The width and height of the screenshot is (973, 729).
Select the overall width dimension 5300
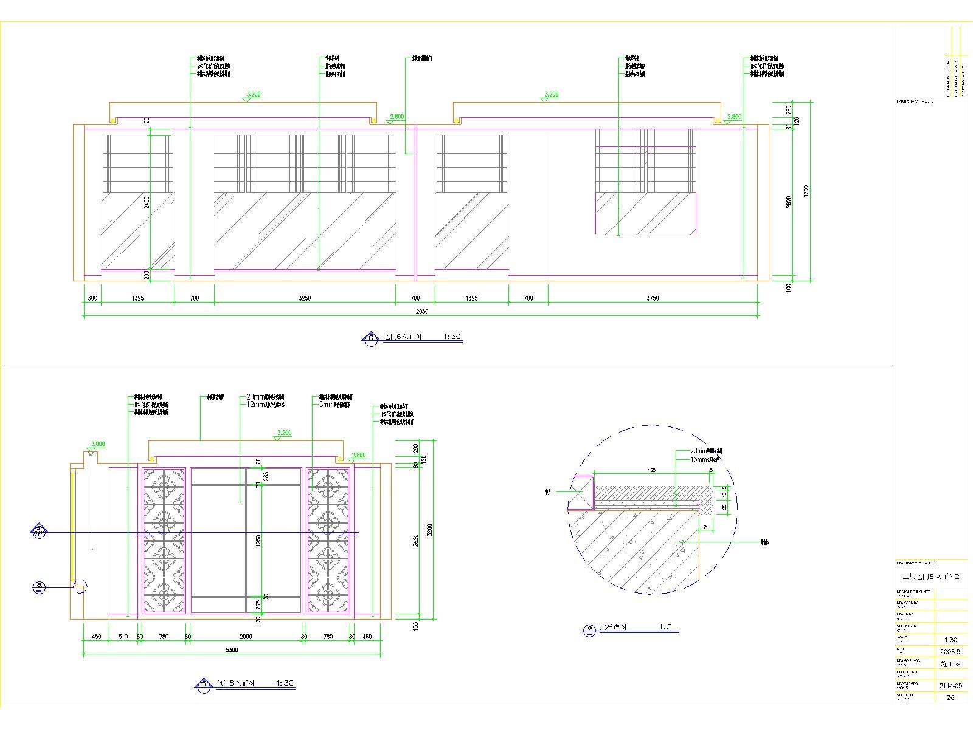[232, 649]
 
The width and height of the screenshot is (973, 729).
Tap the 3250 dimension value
[305, 298]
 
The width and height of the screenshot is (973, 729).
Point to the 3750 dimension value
[653, 298]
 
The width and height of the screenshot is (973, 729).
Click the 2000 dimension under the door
[246, 637]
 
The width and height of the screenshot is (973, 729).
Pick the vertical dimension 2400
[147, 202]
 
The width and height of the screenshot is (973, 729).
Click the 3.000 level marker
[97, 444]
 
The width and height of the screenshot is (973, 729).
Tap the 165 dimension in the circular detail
[651, 470]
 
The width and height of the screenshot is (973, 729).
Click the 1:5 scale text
[665, 627]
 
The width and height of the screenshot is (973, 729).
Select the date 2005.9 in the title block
[950, 651]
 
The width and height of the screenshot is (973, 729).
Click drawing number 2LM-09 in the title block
[950, 685]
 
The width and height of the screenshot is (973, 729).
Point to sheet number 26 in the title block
[950, 697]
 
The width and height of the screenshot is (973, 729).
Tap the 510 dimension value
[123, 637]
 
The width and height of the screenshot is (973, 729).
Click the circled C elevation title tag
[370, 338]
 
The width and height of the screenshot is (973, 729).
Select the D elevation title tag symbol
[203, 685]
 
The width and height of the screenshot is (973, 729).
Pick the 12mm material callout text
[266, 404]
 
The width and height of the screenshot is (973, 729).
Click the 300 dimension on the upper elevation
[92, 298]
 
